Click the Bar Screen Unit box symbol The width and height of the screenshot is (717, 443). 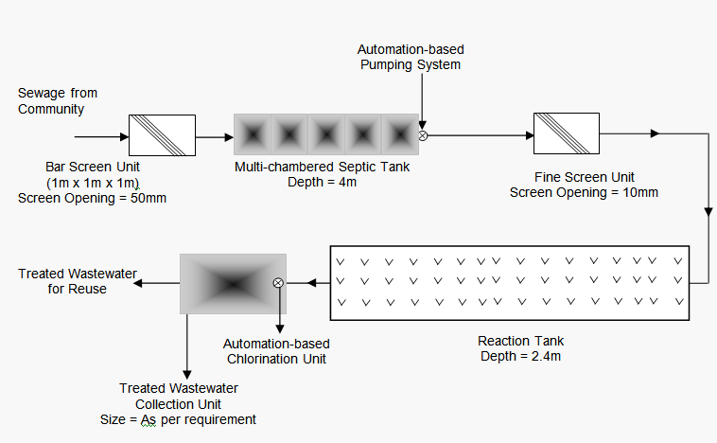[162, 135]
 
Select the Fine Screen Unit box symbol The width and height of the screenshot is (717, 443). [566, 135]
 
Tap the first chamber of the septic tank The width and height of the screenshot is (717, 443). [253, 134]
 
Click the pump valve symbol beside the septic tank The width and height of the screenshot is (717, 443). [423, 135]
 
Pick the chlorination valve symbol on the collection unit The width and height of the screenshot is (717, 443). [278, 282]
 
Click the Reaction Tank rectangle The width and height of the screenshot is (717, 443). [510, 282]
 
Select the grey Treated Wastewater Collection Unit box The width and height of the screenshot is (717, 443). [233, 282]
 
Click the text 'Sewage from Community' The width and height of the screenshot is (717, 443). [58, 101]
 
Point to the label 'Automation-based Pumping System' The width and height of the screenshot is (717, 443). [411, 57]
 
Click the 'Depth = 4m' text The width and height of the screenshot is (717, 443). [323, 182]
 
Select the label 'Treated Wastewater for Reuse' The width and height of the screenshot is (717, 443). [78, 281]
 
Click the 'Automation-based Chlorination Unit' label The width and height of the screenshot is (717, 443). [276, 350]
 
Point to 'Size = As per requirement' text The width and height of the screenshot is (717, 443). [178, 418]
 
